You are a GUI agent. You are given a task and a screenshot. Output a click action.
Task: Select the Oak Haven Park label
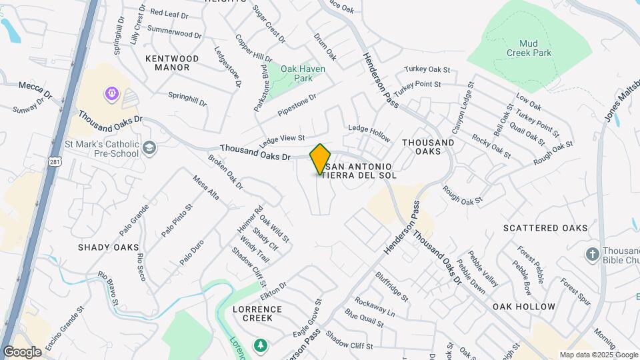point(297,73)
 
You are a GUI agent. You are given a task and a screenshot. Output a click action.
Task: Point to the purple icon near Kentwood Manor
point(111,93)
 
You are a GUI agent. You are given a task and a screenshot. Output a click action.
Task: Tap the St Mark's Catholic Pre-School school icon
point(150,147)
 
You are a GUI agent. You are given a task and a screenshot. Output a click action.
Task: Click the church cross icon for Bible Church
point(591,254)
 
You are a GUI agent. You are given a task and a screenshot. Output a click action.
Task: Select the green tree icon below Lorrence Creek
point(261,345)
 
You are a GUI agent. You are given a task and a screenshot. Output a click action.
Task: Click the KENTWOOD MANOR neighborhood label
point(172,63)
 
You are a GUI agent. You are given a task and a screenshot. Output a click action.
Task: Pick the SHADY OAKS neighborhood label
point(108,247)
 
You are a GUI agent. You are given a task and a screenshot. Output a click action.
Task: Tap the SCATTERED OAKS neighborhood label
point(545,228)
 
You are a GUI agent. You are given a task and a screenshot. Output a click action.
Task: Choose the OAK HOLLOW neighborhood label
point(523,307)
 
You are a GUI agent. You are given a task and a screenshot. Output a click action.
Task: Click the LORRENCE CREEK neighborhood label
point(257,313)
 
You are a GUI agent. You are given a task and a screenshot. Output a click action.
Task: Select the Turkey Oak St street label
point(427,70)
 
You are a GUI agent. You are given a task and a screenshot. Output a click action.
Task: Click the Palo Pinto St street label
point(176,221)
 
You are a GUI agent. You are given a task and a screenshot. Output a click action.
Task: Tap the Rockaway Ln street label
point(374,307)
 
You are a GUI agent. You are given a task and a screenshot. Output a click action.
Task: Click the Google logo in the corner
point(22,352)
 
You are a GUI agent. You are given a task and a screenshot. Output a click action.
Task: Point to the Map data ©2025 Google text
point(598,355)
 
